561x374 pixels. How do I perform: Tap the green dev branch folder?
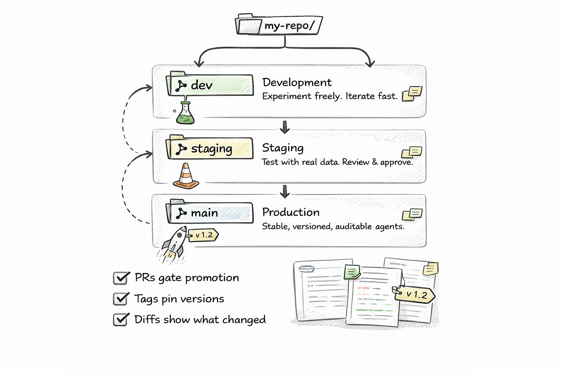[210, 85]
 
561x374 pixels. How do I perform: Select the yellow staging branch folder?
[210, 149]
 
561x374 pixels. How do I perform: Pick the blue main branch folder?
[210, 213]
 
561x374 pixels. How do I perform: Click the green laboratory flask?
[185, 114]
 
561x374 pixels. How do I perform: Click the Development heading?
[297, 83]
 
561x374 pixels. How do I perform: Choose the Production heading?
[291, 212]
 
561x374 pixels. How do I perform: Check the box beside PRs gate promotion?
[121, 278]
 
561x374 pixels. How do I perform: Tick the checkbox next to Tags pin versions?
[121, 299]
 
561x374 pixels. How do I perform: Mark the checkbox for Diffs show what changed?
[121, 319]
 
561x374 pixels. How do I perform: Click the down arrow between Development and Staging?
[285, 127]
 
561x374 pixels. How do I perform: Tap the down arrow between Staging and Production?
[285, 191]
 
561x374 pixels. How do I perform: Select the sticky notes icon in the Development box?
[412, 93]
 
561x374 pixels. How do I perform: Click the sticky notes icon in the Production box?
[412, 214]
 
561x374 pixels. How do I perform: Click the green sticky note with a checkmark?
[352, 272]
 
